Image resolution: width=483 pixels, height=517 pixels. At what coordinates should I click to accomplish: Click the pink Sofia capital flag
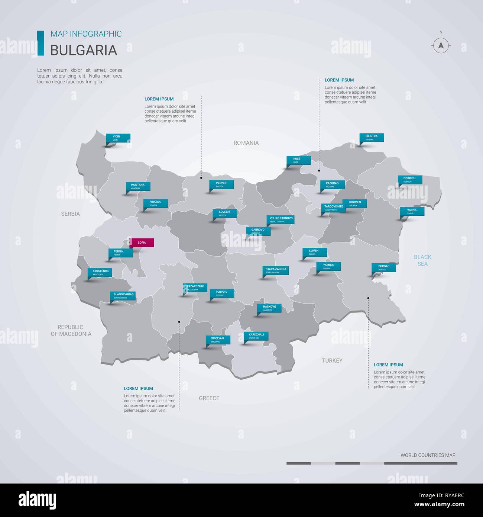(142, 243)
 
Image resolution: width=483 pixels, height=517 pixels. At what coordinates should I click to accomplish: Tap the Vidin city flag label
(118, 138)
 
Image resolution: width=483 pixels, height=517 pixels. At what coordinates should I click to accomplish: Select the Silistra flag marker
(372, 138)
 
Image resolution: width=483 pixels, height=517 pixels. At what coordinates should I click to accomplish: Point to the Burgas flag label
(384, 267)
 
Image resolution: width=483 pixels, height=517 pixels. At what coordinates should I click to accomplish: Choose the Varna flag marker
(412, 211)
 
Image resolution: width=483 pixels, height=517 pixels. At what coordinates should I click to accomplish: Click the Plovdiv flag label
(222, 293)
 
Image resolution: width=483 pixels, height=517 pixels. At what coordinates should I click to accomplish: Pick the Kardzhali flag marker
(256, 336)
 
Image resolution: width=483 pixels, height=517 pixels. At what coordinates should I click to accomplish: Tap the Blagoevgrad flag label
(123, 296)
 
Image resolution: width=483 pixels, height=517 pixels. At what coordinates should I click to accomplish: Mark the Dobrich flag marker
(409, 180)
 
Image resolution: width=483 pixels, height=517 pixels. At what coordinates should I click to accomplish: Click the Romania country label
(246, 143)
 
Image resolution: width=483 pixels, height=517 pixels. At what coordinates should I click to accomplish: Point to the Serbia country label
(71, 214)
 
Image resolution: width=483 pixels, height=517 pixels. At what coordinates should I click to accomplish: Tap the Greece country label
(209, 398)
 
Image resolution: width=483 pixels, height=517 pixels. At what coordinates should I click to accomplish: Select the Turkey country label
(332, 360)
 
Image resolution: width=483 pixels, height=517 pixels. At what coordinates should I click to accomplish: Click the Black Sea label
(422, 260)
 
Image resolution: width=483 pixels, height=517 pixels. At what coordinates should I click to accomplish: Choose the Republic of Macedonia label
(71, 330)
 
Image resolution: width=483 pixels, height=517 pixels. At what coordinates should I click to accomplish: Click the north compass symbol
(441, 45)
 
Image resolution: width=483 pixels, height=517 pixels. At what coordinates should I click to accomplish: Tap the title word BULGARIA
(84, 50)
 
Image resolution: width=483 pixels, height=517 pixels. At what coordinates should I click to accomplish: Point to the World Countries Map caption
(428, 455)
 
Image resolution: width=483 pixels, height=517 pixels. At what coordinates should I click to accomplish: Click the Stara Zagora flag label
(276, 270)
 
